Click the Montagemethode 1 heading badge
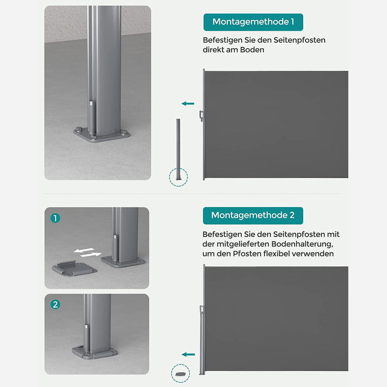(x=253, y=22)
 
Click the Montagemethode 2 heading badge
(x=253, y=216)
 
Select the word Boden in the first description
(x=252, y=50)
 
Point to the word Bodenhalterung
(x=302, y=244)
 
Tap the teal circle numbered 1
(x=55, y=218)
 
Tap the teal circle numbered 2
(x=55, y=304)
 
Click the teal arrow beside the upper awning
(x=188, y=104)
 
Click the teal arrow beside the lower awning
(x=188, y=354)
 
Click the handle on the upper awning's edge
(x=202, y=116)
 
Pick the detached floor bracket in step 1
(x=74, y=269)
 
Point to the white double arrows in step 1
(x=88, y=252)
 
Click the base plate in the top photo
(x=102, y=135)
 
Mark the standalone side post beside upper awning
(x=178, y=149)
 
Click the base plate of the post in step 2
(x=95, y=352)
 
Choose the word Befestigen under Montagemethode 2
(x=222, y=234)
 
